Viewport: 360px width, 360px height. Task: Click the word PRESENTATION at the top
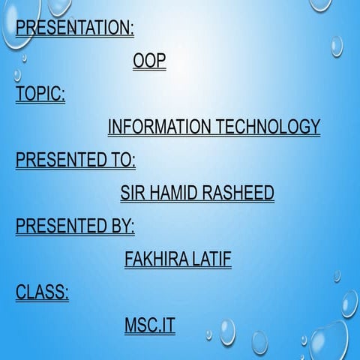point(72,28)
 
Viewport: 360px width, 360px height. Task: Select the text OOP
point(148,61)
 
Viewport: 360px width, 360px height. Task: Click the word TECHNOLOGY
point(268,127)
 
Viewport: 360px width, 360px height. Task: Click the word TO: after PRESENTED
point(123,160)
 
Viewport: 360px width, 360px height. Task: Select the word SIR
point(133,193)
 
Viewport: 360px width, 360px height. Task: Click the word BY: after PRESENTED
point(123,226)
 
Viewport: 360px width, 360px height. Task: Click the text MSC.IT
point(149,325)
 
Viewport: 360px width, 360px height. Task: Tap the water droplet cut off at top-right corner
point(320,4)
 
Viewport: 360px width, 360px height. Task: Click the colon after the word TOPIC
point(63,95)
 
